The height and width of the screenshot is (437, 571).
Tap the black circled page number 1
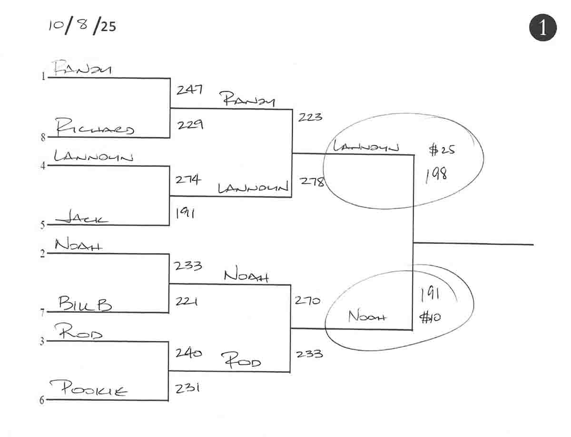(542, 28)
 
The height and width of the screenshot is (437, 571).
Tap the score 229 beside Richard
(191, 125)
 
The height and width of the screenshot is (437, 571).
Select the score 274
(188, 180)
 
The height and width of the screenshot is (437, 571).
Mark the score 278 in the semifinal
(312, 181)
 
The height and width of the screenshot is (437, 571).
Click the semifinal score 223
(310, 117)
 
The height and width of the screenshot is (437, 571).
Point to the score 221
(187, 301)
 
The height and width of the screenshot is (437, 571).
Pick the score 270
(307, 301)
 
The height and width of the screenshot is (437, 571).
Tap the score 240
(188, 353)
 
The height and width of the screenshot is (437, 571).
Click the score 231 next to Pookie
(187, 388)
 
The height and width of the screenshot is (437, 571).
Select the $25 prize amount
(442, 150)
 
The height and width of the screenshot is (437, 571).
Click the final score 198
(436, 175)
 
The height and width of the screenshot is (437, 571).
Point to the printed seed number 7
(42, 312)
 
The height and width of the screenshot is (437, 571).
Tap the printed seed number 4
(42, 166)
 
